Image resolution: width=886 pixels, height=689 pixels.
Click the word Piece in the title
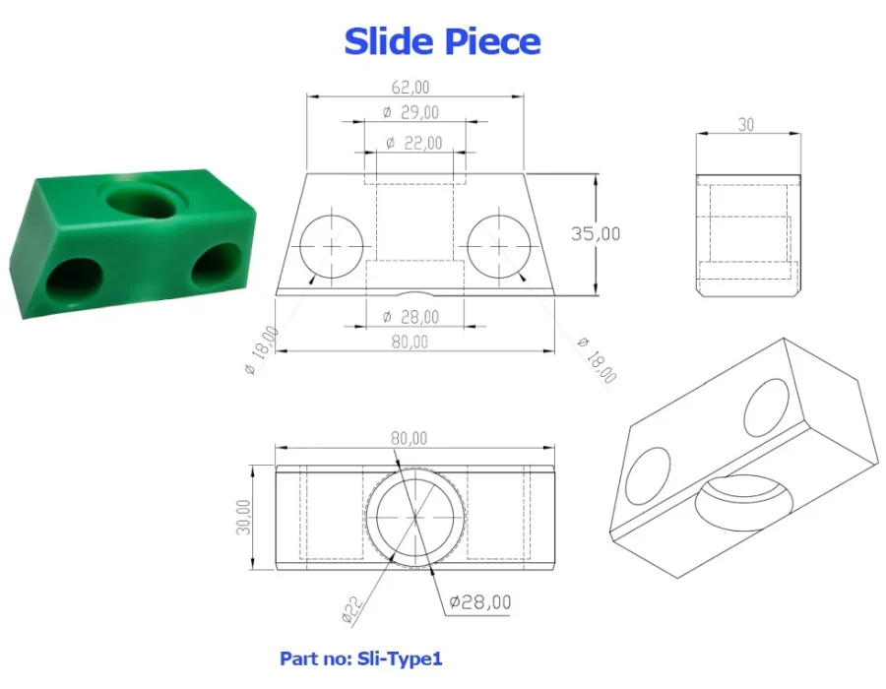tap(491, 42)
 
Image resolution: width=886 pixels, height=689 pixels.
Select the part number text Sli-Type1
tap(400, 658)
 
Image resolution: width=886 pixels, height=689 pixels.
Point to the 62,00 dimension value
tap(411, 88)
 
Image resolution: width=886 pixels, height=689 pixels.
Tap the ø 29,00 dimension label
tap(411, 112)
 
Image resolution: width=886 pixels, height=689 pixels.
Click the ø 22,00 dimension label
tap(413, 143)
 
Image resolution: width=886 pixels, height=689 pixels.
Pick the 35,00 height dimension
tap(595, 233)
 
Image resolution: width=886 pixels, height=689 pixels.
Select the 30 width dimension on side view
tap(746, 125)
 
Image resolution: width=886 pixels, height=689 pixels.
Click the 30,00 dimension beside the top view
tap(243, 517)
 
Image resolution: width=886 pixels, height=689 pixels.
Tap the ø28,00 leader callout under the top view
tap(479, 602)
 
